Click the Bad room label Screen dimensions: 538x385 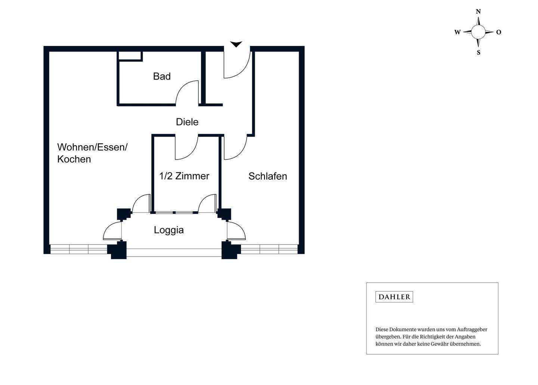162,76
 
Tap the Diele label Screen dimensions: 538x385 187,122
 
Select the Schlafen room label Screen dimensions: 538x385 268,176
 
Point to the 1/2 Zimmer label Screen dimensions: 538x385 184,176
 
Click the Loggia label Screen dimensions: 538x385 169,230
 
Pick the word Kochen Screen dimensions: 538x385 74,159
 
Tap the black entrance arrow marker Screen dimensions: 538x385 236,44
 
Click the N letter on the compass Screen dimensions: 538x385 478,11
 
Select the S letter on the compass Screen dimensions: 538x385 479,53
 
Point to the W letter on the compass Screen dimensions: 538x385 458,32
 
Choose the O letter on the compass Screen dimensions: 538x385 499,32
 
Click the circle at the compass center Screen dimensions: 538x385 478,32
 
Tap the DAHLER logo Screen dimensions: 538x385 394,297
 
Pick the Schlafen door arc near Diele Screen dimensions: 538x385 239,152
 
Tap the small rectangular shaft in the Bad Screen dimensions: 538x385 130,56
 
